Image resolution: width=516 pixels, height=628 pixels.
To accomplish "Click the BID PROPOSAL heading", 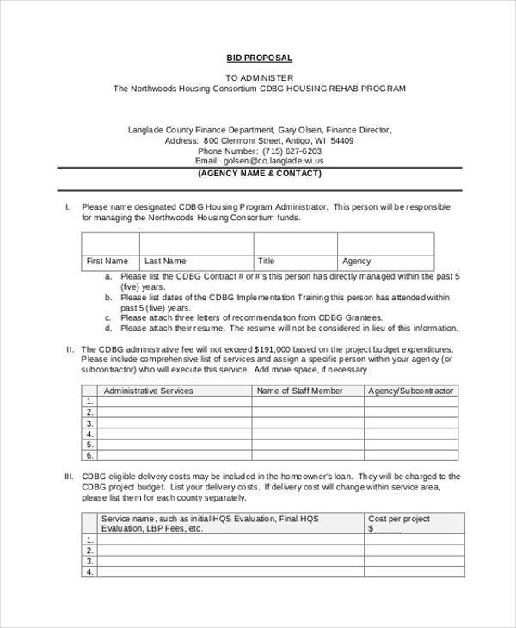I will [x=259, y=58].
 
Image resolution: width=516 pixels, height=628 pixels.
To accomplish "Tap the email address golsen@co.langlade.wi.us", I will [x=273, y=161].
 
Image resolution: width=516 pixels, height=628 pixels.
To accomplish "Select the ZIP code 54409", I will [x=341, y=140].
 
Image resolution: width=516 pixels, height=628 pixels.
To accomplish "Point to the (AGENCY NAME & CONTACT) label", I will [x=260, y=173].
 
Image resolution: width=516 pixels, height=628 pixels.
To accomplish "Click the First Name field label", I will [x=107, y=261].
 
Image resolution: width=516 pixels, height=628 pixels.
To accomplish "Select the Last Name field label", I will [x=165, y=261].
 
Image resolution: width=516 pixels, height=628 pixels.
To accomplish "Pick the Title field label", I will [x=267, y=261].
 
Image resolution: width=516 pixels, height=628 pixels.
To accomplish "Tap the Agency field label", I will [x=356, y=261].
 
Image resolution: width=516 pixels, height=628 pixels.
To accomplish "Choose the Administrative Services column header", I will [x=148, y=391].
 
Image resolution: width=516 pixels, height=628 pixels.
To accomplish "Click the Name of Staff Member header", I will [x=300, y=391].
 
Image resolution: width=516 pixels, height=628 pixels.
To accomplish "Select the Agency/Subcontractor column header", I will [x=410, y=391].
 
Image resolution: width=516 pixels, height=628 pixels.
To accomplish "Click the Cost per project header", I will [x=399, y=519].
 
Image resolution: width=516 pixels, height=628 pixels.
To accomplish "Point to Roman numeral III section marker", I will [x=69, y=477].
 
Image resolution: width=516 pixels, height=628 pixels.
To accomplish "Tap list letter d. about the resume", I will [x=108, y=329].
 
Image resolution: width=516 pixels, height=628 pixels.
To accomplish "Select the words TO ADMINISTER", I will [x=259, y=77].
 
